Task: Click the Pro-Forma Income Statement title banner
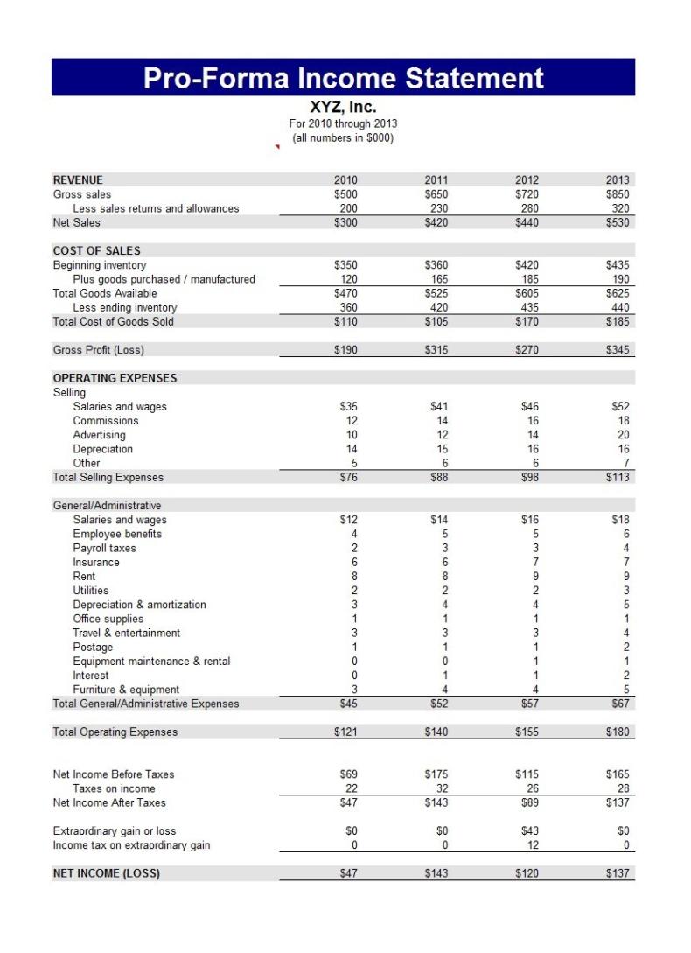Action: [343, 78]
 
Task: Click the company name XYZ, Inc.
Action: [343, 108]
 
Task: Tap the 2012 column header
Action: [527, 180]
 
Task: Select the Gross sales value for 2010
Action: [346, 194]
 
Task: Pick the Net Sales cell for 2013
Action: [617, 223]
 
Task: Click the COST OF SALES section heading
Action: [96, 251]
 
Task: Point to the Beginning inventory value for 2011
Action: [436, 265]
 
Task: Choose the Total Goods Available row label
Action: [105, 293]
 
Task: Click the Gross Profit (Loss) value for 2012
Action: [527, 350]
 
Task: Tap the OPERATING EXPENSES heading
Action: [115, 378]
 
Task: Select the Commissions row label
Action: [105, 421]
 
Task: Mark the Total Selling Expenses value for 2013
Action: [617, 478]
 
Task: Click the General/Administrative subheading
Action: [107, 506]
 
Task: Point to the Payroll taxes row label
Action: [104, 549]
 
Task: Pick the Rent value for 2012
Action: [535, 577]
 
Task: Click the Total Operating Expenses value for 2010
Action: [346, 732]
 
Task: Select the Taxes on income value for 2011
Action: [439, 788]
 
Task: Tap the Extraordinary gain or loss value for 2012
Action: [530, 831]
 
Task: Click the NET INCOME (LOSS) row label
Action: [106, 873]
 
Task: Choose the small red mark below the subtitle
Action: [277, 147]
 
